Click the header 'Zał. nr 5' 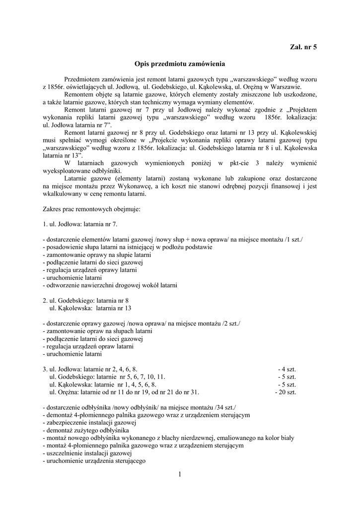(303, 47)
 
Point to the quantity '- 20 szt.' (286, 392)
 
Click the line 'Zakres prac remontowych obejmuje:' (92, 209)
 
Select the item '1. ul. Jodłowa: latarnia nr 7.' (80, 224)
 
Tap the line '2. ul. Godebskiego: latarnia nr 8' (86, 300)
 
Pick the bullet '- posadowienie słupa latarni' (128, 247)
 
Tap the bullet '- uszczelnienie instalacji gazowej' (87, 453)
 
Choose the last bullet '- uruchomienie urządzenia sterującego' (94, 461)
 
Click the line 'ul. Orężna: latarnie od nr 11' (124, 392)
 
